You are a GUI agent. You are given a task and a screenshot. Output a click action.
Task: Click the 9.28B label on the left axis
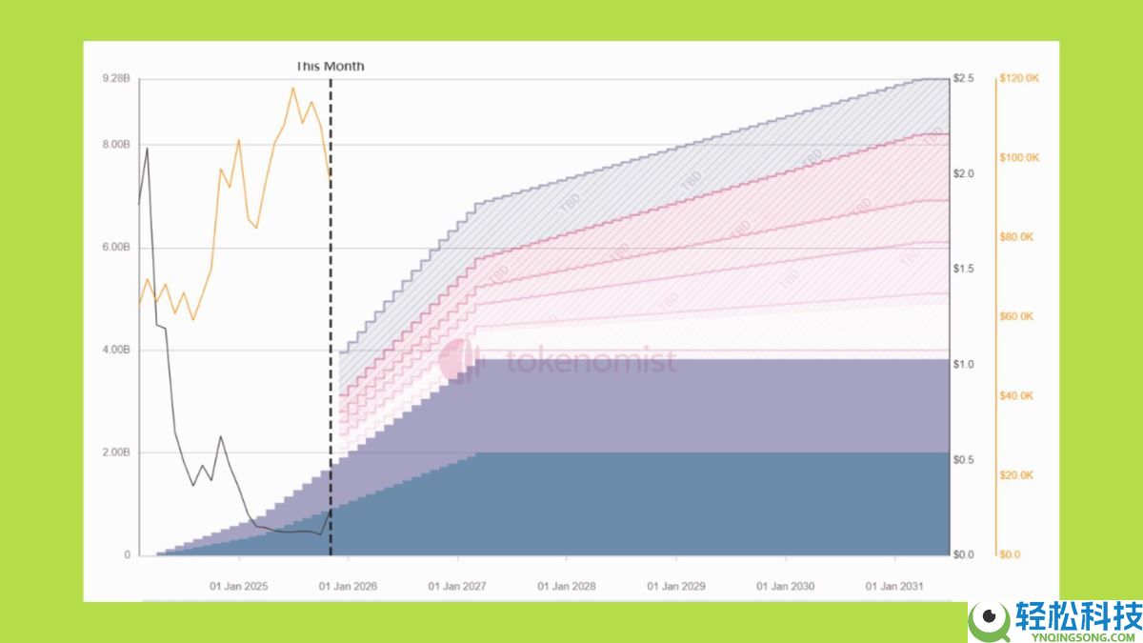click(x=115, y=78)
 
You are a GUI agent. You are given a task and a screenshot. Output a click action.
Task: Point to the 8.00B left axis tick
click(x=115, y=145)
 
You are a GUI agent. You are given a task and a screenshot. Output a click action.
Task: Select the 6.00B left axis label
click(x=115, y=248)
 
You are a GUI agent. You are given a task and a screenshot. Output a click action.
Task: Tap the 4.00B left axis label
click(x=115, y=351)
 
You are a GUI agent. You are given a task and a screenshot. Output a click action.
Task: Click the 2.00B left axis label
click(x=115, y=452)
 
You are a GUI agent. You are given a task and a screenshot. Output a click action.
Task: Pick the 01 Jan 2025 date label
click(x=239, y=586)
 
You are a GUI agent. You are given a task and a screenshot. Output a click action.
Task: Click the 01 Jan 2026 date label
click(x=348, y=586)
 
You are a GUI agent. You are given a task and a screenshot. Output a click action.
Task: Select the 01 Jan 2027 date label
click(x=457, y=586)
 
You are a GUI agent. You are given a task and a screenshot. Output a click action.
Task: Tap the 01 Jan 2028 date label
click(x=567, y=586)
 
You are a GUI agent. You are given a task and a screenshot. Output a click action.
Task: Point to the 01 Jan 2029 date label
click(x=676, y=586)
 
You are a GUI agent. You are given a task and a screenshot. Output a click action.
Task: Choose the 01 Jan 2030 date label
click(x=786, y=586)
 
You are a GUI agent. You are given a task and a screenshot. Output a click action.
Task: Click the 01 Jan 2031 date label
click(x=894, y=586)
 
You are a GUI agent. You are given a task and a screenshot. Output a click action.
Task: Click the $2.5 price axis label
click(x=964, y=78)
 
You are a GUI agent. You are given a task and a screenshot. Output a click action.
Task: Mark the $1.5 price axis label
click(x=964, y=270)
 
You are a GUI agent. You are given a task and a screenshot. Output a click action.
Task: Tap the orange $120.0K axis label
click(x=1018, y=78)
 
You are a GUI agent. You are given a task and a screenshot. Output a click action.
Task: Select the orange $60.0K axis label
click(x=1015, y=316)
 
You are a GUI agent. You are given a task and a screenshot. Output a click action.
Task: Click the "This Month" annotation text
click(x=330, y=67)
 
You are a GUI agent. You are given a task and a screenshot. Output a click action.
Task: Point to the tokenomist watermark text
click(x=591, y=362)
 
